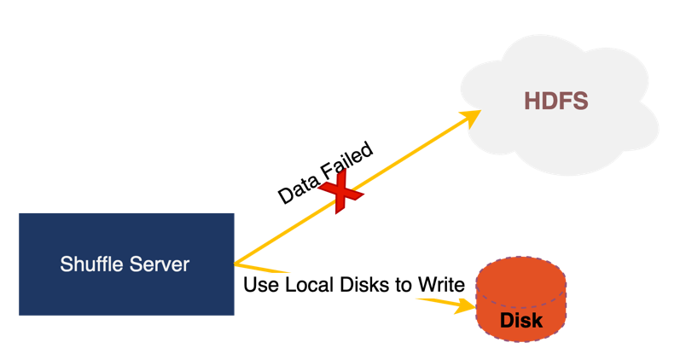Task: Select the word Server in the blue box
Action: [x=158, y=264]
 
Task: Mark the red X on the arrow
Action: [x=340, y=192]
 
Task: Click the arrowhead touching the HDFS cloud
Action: [x=470, y=114]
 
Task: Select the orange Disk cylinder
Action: [x=520, y=299]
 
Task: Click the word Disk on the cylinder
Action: [x=520, y=321]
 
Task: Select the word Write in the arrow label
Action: [x=440, y=285]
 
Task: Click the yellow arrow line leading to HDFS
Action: [x=401, y=156]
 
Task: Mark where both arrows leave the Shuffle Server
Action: [x=235, y=263]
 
